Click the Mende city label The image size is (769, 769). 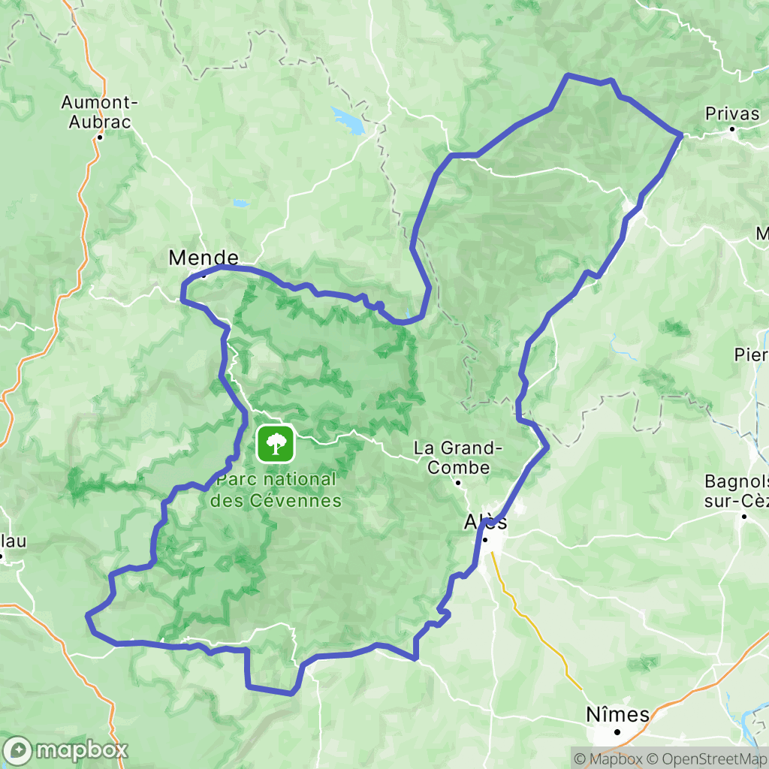tap(204, 258)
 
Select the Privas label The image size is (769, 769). tap(732, 114)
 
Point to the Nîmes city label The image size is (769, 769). tap(617, 714)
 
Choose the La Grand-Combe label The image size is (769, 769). tap(458, 458)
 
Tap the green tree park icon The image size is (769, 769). tap(276, 443)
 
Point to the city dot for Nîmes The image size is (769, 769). tap(617, 731)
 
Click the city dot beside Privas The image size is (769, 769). tap(732, 129)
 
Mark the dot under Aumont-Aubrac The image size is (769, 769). tap(100, 137)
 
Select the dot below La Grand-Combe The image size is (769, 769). tap(458, 482)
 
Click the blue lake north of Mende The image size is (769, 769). tap(348, 119)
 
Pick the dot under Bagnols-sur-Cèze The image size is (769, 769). tap(744, 516)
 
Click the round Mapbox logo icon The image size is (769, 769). tap(18, 749)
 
